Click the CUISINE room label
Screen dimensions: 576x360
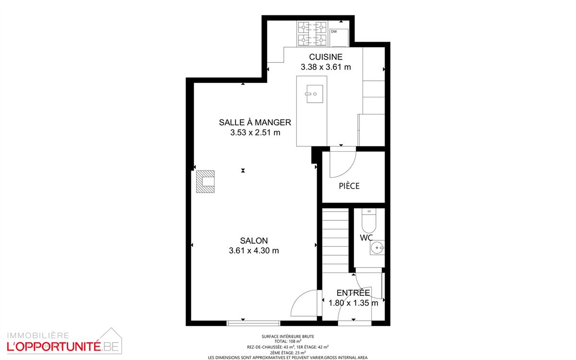click(326, 57)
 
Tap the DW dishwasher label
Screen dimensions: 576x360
click(334, 32)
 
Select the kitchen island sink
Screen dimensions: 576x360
click(315, 94)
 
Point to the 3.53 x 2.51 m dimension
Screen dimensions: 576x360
click(255, 132)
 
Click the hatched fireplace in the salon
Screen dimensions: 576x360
click(205, 181)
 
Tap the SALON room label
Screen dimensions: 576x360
click(254, 240)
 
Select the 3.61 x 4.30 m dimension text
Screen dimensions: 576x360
click(254, 251)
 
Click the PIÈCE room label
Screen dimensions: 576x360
click(349, 186)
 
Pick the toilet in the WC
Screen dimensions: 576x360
click(369, 220)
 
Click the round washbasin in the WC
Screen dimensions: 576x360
click(377, 248)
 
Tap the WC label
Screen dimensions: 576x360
click(366, 238)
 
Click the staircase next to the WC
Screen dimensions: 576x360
click(335, 241)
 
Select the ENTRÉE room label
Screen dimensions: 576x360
click(353, 293)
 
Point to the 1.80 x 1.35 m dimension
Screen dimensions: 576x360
click(353, 303)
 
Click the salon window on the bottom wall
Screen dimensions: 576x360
click(253, 323)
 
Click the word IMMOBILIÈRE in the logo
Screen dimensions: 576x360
click(38, 336)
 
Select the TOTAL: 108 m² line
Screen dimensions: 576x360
click(288, 341)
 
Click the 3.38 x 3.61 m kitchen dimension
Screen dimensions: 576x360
click(326, 67)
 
